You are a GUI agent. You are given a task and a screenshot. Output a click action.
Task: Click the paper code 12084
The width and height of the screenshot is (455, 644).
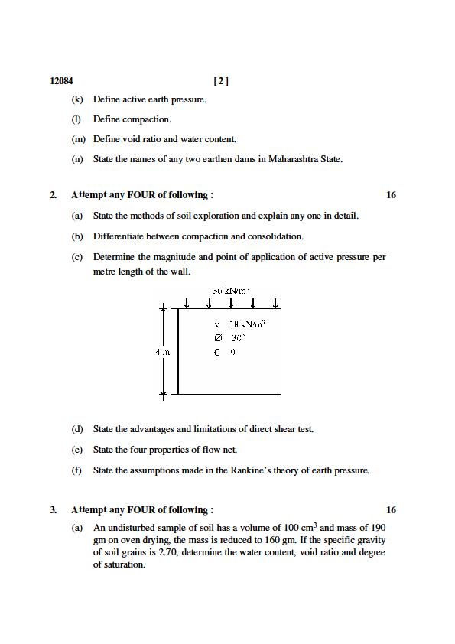(x=61, y=80)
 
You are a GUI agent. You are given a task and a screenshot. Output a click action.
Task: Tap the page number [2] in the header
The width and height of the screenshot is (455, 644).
(x=221, y=80)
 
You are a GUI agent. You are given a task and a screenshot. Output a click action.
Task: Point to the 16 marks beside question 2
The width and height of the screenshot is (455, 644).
(x=391, y=195)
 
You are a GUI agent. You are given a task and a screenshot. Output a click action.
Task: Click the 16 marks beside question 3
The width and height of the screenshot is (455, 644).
(x=391, y=510)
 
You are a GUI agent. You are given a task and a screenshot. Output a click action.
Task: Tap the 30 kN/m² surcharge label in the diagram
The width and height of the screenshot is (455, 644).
(x=231, y=291)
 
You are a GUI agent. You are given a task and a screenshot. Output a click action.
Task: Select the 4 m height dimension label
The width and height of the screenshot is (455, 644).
(x=162, y=352)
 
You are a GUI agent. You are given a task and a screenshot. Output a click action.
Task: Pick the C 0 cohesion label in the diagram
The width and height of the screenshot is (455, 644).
(x=225, y=352)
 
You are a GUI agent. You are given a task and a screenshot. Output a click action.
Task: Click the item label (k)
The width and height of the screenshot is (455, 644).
(x=77, y=99)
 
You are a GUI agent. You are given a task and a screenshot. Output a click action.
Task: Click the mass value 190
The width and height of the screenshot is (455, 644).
(x=378, y=528)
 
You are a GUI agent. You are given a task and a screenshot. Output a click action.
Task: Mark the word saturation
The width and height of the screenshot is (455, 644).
(x=124, y=564)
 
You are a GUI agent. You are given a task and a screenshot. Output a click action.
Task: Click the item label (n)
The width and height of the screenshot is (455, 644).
(x=77, y=159)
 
